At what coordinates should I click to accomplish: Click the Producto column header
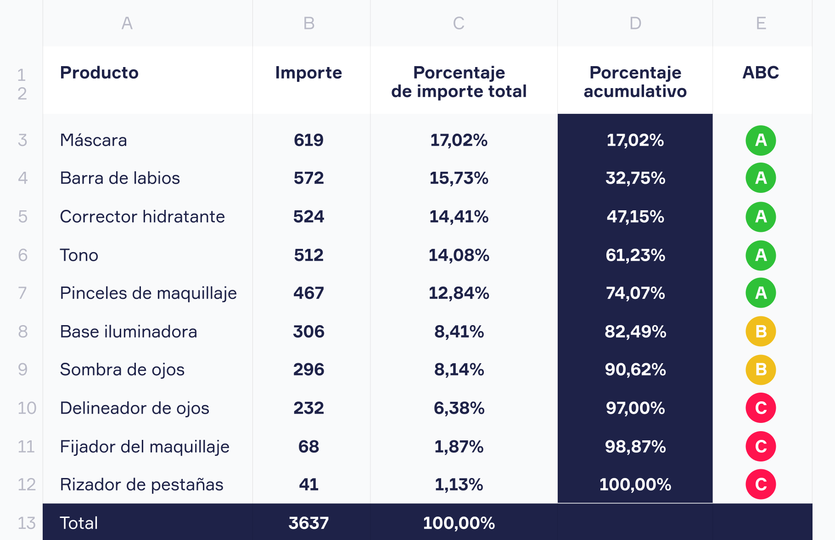[x=99, y=73]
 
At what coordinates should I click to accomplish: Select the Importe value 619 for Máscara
[x=308, y=140]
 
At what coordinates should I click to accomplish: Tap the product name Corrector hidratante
[x=142, y=217]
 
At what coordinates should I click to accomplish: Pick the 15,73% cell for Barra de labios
[x=459, y=178]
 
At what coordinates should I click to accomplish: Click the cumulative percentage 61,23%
[x=635, y=255]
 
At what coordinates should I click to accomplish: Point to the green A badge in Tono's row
[x=760, y=255]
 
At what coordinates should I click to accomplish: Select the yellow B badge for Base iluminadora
[x=760, y=332]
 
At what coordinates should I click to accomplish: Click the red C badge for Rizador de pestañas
[x=760, y=484]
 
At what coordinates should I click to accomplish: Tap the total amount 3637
[x=308, y=523]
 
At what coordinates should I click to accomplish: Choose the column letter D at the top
[x=635, y=23]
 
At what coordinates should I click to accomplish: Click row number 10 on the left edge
[x=27, y=408]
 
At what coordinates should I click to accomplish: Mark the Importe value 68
[x=308, y=446]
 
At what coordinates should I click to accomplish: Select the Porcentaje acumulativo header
[x=635, y=82]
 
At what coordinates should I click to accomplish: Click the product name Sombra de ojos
[x=122, y=370]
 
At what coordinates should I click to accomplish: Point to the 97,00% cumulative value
[x=635, y=408]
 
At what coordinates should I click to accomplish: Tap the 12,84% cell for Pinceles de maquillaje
[x=459, y=293]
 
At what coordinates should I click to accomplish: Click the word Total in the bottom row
[x=79, y=523]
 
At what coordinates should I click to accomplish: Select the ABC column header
[x=760, y=73]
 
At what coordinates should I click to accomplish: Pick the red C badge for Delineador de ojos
[x=760, y=408]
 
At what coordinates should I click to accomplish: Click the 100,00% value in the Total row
[x=459, y=523]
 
